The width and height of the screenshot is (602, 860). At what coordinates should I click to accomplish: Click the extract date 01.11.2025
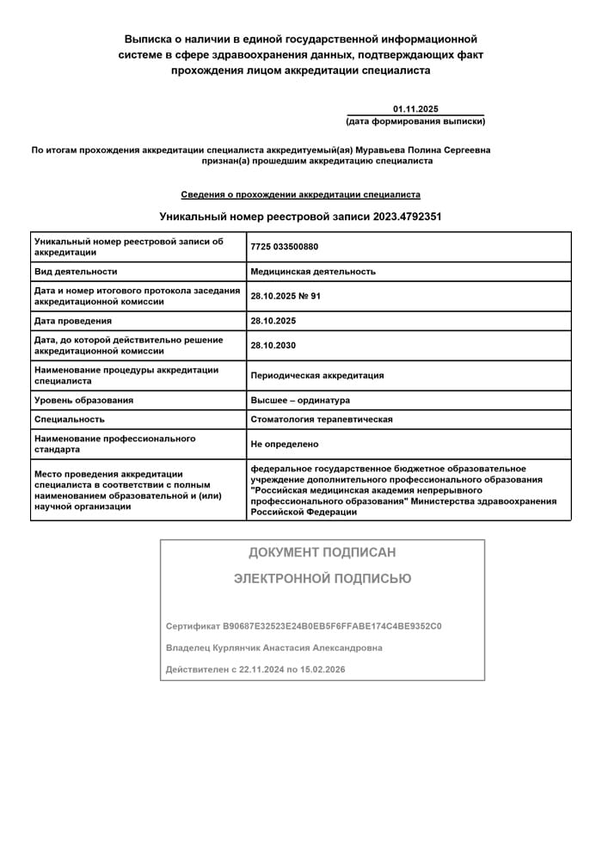tap(415, 109)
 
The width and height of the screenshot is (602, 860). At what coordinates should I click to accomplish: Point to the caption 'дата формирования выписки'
tap(415, 121)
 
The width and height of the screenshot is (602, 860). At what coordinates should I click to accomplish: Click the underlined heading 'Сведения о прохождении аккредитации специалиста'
tap(300, 194)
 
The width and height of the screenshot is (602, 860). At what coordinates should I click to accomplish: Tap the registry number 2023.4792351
tap(408, 217)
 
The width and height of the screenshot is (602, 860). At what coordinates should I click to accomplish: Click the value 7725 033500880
tap(284, 247)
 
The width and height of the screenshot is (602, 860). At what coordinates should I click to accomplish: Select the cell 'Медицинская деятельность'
tap(313, 272)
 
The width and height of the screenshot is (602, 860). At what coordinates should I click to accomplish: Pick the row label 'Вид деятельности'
tap(76, 272)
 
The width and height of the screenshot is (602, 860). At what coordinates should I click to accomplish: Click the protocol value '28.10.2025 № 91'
tap(286, 296)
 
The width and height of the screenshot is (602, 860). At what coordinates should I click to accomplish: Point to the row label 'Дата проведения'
tap(73, 321)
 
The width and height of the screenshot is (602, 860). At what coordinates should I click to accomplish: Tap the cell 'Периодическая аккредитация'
tap(317, 376)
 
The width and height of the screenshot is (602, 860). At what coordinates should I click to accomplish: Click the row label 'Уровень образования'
tap(83, 400)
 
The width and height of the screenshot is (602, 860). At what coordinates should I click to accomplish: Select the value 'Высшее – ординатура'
tap(300, 400)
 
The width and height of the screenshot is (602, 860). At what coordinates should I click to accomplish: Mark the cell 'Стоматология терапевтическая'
tap(322, 420)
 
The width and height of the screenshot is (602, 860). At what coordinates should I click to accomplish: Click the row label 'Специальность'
tap(70, 420)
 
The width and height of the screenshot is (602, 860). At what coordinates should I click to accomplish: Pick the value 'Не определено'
tap(285, 444)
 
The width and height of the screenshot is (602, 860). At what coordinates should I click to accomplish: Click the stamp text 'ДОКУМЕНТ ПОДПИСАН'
tap(322, 552)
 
